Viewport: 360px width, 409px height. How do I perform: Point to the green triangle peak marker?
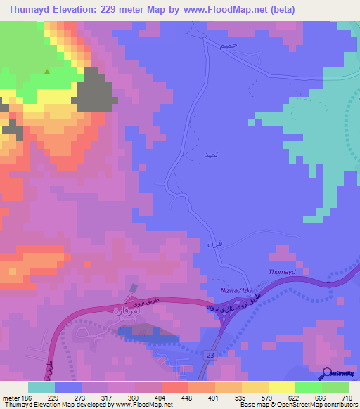tap(47, 71)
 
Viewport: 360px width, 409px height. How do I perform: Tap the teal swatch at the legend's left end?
tap(41, 387)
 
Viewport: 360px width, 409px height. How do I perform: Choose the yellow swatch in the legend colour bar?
tap(281, 387)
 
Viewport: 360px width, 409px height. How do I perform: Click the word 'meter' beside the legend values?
tap(13, 397)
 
